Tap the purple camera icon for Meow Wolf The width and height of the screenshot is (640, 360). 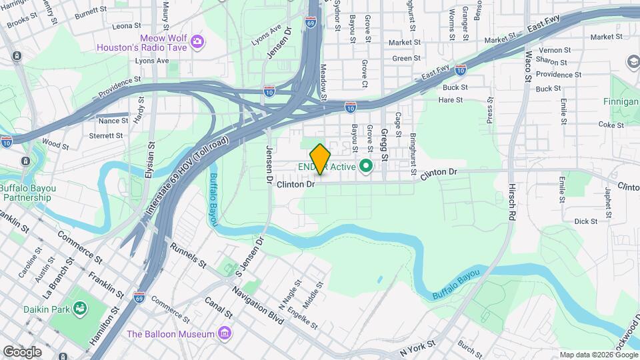197,43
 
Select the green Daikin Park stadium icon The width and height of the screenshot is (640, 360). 81,309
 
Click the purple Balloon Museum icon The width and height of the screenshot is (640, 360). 225,333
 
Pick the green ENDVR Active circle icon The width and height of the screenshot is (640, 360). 365,166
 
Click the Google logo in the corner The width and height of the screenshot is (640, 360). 22,352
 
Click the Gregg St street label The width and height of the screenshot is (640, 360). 384,145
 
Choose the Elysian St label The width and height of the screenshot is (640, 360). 150,161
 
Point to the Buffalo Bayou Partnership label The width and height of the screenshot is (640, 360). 28,193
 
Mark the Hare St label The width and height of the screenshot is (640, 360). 451,100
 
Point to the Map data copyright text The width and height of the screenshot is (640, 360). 598,355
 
